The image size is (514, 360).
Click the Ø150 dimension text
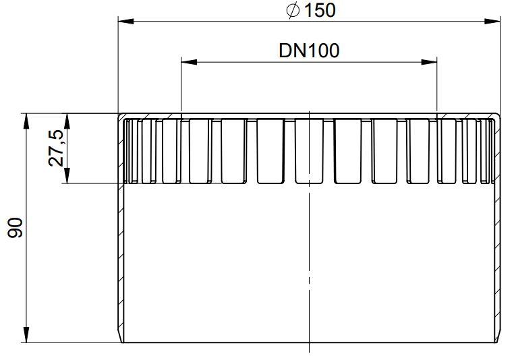click(311, 11)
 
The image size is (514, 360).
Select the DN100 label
click(309, 51)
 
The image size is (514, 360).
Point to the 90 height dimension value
click(16, 227)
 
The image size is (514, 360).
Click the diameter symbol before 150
click(293, 11)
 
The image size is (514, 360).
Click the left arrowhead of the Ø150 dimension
click(125, 22)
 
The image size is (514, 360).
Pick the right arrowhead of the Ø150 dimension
click(492, 22)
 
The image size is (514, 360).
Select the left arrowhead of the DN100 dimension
click(189, 62)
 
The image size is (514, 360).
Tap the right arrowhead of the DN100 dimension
click(429, 62)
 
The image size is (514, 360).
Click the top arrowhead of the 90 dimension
click(26, 121)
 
